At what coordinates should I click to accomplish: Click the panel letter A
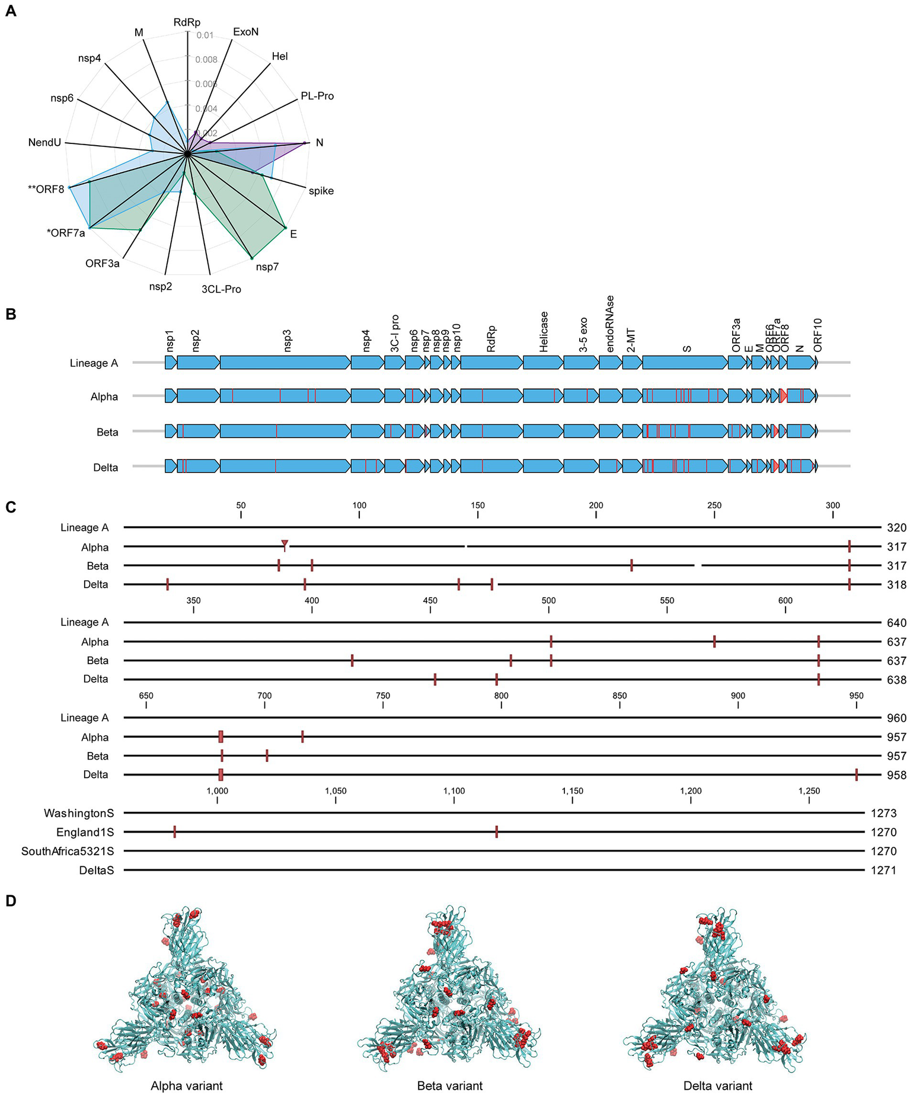(11, 11)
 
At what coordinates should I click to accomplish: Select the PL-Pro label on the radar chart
(317, 96)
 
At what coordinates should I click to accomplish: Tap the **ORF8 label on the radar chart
(46, 190)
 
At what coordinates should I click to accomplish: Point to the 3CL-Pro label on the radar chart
(221, 289)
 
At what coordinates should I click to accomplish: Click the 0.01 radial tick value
(205, 36)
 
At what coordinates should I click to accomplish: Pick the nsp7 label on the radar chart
(267, 267)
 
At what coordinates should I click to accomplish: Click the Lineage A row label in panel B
(94, 363)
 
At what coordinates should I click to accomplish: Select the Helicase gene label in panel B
(544, 332)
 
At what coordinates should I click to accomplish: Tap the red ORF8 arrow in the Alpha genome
(783, 396)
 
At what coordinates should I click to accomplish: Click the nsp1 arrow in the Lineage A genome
(171, 363)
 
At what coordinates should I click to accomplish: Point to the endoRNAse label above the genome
(610, 324)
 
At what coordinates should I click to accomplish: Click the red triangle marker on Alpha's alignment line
(285, 543)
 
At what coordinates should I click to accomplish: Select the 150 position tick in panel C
(478, 505)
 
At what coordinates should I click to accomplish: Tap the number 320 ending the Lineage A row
(896, 528)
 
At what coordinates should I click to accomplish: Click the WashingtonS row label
(79, 813)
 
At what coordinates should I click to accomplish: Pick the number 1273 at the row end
(883, 813)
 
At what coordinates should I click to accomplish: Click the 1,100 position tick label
(454, 790)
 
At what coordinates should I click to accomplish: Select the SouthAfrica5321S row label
(68, 851)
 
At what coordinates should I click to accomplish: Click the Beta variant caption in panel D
(450, 1086)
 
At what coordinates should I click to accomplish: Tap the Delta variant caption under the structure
(718, 1086)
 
